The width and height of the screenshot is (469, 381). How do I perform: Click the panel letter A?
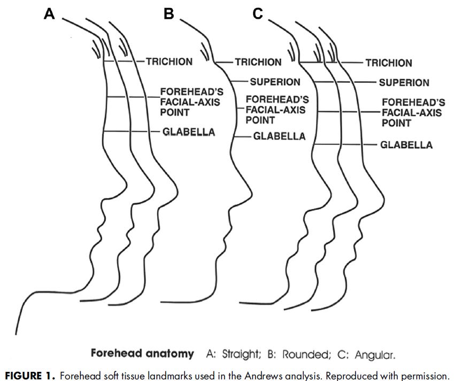tap(49, 14)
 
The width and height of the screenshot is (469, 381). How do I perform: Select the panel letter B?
tap(169, 14)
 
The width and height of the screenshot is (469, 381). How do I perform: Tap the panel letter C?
tap(258, 14)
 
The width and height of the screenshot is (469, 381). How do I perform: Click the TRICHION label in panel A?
tap(169, 62)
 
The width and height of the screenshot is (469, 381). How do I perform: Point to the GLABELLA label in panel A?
tap(188, 132)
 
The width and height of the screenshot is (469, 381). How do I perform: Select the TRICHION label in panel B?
tap(258, 62)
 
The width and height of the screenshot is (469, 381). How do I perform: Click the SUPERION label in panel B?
tap(275, 82)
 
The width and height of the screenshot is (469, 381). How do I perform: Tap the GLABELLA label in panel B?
tap(279, 136)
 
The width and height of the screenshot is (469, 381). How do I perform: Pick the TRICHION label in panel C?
tap(389, 63)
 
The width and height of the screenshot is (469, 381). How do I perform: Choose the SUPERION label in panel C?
tap(404, 83)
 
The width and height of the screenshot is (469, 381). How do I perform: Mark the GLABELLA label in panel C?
tap(406, 145)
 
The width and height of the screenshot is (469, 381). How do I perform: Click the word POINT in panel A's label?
tap(174, 112)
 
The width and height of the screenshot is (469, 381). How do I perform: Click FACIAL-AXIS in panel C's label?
tap(411, 113)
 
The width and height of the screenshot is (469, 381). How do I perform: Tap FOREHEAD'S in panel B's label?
tap(277, 100)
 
